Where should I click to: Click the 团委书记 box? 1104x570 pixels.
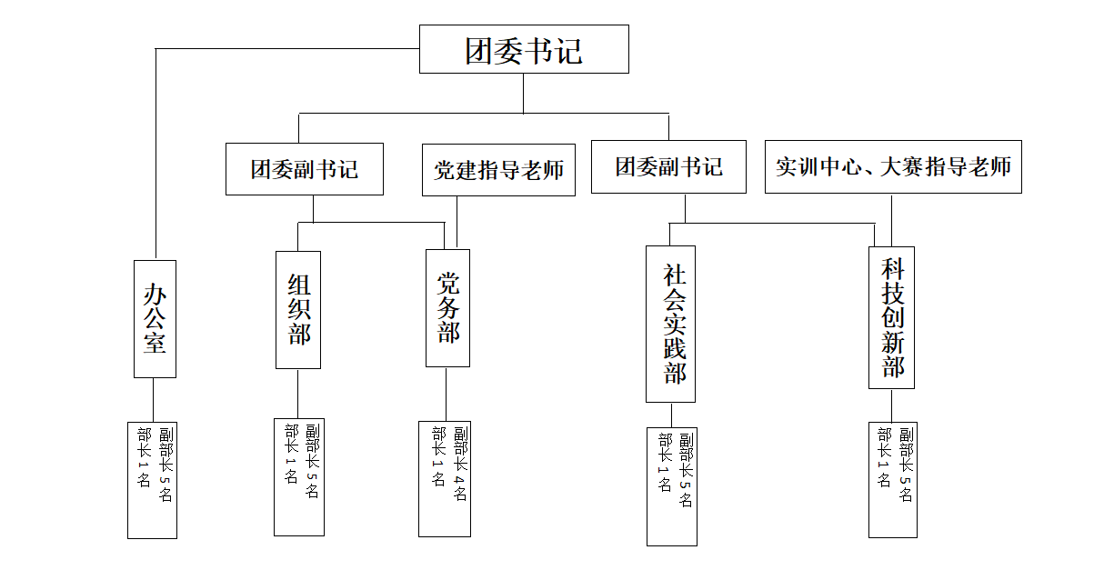(x=524, y=49)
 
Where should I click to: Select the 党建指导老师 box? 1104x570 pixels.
(x=498, y=170)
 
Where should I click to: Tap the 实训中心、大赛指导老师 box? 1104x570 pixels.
(x=893, y=167)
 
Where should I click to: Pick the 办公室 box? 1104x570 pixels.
(x=155, y=319)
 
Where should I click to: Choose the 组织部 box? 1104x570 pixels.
(x=298, y=310)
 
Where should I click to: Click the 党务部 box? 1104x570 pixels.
(x=447, y=308)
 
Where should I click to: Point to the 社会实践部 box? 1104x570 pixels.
(x=671, y=325)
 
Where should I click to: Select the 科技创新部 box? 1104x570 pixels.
(x=891, y=318)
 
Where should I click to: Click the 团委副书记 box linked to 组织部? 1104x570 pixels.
(x=305, y=169)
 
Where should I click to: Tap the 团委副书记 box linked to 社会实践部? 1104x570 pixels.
(x=668, y=167)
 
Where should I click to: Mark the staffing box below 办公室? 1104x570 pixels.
(x=152, y=480)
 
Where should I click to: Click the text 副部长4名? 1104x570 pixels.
(x=460, y=464)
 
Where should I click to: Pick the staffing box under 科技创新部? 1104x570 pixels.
(x=892, y=480)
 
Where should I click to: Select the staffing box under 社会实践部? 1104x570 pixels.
(x=672, y=486)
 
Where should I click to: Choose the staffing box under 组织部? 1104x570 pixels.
(x=299, y=477)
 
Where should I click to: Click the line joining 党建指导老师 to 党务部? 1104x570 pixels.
(x=457, y=222)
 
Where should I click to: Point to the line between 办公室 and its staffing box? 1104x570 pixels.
(x=154, y=400)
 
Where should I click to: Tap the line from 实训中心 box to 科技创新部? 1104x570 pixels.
(x=891, y=220)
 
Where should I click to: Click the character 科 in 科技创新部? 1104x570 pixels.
(x=892, y=268)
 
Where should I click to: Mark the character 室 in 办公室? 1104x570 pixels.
(x=155, y=343)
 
